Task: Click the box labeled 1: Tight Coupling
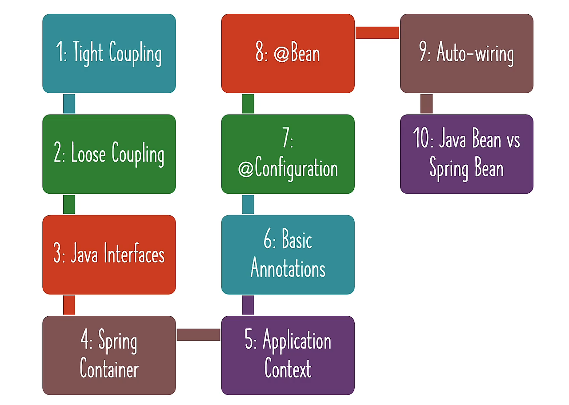click(x=109, y=53)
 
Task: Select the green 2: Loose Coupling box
click(x=109, y=154)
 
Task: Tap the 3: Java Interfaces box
click(x=109, y=254)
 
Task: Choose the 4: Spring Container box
click(x=109, y=355)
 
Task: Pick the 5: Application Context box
click(x=288, y=355)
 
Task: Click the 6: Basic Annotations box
click(x=288, y=254)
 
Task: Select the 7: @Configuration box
click(x=288, y=154)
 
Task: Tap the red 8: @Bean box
click(x=288, y=53)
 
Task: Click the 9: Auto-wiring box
click(x=466, y=53)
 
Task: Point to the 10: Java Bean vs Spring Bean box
click(x=466, y=154)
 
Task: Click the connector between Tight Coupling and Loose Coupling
click(x=69, y=104)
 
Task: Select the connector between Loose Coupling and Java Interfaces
click(x=69, y=204)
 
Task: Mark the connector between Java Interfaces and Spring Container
click(x=69, y=305)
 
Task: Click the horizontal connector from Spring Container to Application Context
click(x=198, y=335)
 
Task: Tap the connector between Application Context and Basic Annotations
click(x=248, y=305)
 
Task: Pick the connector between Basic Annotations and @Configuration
click(x=248, y=204)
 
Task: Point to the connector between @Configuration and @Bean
click(x=248, y=104)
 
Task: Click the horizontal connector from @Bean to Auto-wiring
click(x=377, y=32)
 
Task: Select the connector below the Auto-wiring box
click(x=426, y=104)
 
